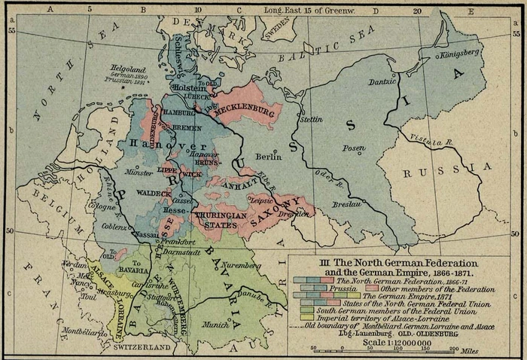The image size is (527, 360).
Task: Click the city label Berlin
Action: click(267, 157)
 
